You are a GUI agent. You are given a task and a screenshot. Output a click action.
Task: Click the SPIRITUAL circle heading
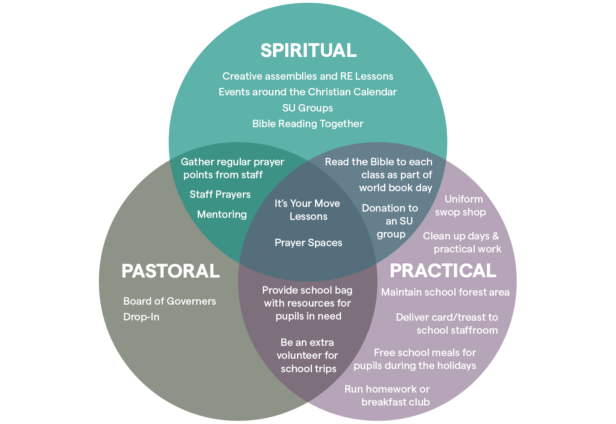tap(308, 51)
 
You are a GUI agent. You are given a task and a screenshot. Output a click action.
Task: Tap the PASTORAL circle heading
tap(171, 271)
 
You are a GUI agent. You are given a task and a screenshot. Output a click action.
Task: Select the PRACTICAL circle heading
tap(443, 271)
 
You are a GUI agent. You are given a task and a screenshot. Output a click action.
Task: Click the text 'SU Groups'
tap(308, 108)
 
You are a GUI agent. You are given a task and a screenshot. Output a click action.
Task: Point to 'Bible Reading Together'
tap(308, 124)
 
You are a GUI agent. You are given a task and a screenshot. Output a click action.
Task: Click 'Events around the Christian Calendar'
tap(308, 92)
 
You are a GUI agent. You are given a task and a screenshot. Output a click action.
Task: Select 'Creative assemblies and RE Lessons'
tap(308, 77)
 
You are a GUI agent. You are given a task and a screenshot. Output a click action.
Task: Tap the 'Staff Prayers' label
tap(220, 195)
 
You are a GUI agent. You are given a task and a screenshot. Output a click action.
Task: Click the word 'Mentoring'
tap(222, 215)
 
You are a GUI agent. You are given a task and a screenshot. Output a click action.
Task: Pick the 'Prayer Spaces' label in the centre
tap(308, 243)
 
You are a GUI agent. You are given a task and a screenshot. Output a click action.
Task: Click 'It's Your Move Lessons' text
tap(308, 210)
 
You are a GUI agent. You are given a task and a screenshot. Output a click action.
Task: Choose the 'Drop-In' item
tap(141, 317)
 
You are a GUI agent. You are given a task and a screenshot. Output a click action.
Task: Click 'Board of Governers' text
tap(169, 302)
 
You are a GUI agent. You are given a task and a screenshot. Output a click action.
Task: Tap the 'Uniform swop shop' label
tap(461, 206)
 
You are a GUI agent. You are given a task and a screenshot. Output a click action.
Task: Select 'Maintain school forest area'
tap(445, 292)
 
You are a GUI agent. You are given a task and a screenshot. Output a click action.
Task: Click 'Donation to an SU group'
tap(390, 221)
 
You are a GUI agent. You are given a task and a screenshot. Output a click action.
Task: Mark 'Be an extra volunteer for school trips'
tap(308, 356)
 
